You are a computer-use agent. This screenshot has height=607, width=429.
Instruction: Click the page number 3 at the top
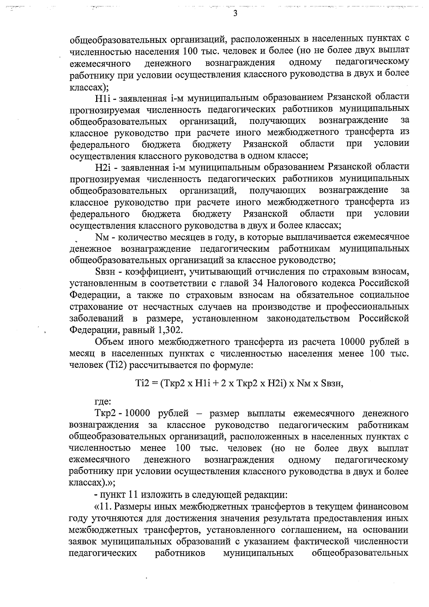(235, 13)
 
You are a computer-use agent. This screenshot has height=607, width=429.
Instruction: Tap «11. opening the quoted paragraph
(102, 507)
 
